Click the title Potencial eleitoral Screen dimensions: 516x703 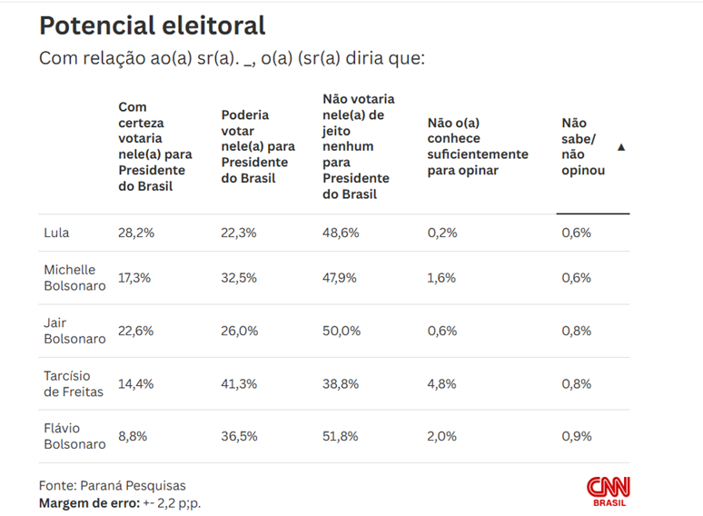click(153, 25)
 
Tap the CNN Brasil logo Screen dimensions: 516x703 click(608, 491)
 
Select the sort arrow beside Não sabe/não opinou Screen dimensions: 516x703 click(621, 146)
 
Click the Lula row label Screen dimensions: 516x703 click(56, 233)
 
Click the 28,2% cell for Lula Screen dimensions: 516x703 click(136, 233)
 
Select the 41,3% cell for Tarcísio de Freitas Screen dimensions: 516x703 click(239, 383)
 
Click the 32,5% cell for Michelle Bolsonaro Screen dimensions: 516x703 click(239, 278)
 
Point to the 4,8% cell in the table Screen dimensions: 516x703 click(441, 383)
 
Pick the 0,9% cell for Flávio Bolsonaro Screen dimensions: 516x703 click(576, 436)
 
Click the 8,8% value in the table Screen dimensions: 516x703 click(133, 436)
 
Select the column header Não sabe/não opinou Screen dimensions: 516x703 click(583, 146)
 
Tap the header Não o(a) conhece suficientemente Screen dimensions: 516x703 click(478, 146)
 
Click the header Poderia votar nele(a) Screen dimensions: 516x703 click(258, 146)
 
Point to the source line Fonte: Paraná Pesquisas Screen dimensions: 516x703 click(112, 485)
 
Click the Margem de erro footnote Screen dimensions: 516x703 click(119, 502)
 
